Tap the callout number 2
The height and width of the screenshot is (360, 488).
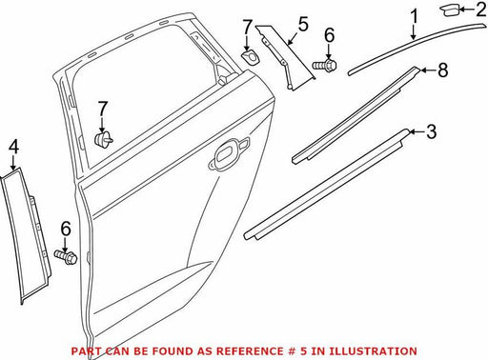coord(481,9)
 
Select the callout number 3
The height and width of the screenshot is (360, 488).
coord(431,131)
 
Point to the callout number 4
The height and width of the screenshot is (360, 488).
coord(13,148)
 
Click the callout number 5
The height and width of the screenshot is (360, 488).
coord(303,25)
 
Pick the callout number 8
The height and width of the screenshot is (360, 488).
coord(443,70)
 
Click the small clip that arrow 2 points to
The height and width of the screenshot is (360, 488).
coord(450,10)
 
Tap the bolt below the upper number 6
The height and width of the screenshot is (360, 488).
coord(324,65)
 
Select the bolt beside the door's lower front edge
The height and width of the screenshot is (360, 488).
coord(66,256)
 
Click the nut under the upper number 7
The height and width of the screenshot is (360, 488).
coord(250,57)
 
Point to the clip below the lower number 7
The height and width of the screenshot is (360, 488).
coord(103,140)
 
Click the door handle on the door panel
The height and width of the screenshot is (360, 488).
coord(229,152)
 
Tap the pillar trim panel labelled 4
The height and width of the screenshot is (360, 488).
coord(26,235)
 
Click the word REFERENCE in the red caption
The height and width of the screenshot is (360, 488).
coord(250,351)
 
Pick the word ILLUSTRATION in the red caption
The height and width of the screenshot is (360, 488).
coord(373,351)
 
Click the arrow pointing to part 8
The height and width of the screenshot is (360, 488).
coord(428,70)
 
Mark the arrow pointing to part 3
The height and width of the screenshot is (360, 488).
coord(417,131)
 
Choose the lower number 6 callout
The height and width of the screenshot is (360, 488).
coord(66,229)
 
